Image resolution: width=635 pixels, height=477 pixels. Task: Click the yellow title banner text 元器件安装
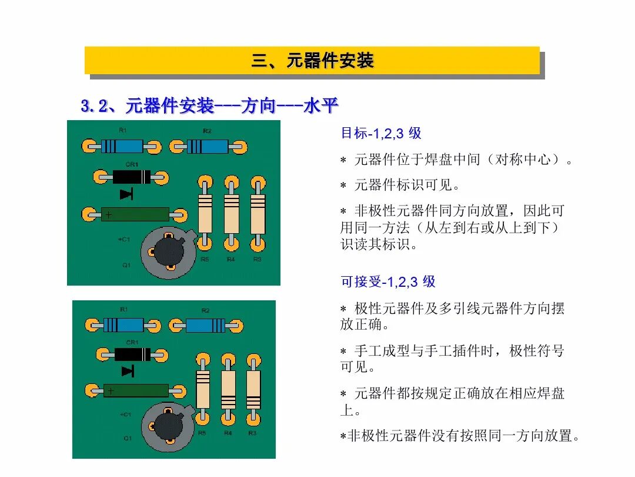312,61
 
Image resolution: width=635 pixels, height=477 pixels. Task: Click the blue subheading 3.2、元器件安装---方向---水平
209,107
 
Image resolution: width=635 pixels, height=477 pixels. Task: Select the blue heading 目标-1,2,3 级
381,133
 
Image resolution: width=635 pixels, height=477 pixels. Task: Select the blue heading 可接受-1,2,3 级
388,281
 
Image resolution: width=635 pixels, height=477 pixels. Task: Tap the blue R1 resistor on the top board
122,146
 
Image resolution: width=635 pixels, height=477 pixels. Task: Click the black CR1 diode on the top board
131,177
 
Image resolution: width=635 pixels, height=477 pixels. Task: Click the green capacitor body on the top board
135,214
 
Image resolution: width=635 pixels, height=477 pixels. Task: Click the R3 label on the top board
257,259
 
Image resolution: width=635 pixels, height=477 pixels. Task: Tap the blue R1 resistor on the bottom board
123,325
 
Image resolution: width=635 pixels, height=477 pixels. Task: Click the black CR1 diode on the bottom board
132,354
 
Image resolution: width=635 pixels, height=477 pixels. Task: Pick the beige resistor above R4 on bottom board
229,390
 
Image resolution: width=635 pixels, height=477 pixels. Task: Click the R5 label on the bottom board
202,433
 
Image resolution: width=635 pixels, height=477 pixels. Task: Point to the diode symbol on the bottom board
128,371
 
